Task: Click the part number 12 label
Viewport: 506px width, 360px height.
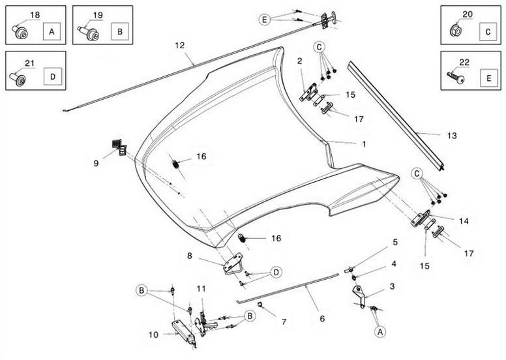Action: point(180,46)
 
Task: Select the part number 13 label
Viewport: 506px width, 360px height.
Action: point(452,136)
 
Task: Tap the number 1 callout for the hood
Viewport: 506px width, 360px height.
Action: point(364,144)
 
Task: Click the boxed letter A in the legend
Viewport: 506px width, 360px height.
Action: point(52,32)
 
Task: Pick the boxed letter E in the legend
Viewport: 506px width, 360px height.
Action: point(488,78)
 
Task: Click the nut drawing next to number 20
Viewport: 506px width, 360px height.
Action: point(456,30)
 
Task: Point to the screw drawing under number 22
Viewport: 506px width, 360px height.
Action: point(456,77)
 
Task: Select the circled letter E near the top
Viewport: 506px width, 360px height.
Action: point(264,20)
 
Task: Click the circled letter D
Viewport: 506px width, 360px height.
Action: point(276,272)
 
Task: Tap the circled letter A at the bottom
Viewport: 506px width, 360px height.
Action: point(379,331)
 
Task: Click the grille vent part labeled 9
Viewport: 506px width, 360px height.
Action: point(119,147)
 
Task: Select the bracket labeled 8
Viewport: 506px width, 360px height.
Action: point(233,263)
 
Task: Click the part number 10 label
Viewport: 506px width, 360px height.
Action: point(154,335)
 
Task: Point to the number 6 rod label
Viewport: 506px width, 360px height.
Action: point(322,319)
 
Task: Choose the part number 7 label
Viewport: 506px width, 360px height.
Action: point(284,322)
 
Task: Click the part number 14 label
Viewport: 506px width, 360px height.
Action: point(464,221)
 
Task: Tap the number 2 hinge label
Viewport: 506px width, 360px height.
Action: point(300,61)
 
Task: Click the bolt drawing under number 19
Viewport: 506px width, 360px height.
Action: point(89,33)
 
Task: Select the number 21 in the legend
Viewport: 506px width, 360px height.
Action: point(29,63)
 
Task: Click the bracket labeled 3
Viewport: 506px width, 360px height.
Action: point(359,295)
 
